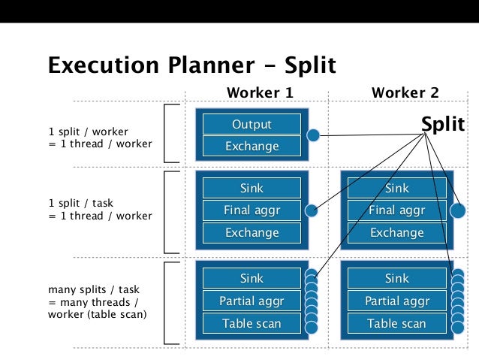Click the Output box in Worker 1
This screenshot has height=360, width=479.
252,124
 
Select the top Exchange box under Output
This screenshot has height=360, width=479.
252,147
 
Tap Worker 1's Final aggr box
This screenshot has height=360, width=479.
252,210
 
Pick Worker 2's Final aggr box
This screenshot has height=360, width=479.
396,210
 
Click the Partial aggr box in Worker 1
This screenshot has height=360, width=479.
252,301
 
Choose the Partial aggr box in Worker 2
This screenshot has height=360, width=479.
396,301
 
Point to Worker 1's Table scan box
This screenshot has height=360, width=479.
252,324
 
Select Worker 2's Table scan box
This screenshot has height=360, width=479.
396,324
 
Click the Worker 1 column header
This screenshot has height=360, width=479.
259,92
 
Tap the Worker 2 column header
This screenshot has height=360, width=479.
405,92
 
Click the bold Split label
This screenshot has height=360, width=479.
443,124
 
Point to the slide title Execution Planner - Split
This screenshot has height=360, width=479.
191,65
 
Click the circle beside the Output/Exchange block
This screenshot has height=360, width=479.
314,136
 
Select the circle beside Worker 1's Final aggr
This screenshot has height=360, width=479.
312,210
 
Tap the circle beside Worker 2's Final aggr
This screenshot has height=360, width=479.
456,210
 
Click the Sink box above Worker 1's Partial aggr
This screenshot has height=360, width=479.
252,279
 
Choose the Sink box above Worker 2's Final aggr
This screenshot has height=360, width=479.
396,188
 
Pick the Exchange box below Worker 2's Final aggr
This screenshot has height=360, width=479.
396,233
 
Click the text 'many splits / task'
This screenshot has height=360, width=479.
94,289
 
